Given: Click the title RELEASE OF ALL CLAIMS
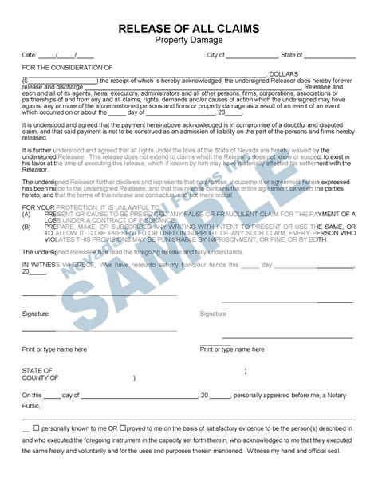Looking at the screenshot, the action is (188, 29).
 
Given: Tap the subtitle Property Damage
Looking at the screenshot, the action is (188, 40).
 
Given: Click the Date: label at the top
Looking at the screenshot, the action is (30, 55).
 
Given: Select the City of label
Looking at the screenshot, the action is (215, 55).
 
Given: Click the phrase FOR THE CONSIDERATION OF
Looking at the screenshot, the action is (67, 67).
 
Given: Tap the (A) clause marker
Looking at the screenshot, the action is (26, 215).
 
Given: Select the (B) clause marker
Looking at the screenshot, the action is (26, 227).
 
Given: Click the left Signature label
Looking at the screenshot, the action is (35, 314).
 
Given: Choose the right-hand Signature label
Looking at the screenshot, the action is (213, 314).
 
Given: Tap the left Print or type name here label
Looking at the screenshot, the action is (54, 349).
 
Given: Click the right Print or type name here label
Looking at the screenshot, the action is (232, 349).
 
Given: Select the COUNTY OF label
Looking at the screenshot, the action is (40, 378).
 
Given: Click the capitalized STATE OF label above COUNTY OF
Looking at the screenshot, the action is (37, 371).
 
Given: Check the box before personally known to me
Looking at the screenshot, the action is (35, 428).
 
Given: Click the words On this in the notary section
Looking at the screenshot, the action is (32, 396).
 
